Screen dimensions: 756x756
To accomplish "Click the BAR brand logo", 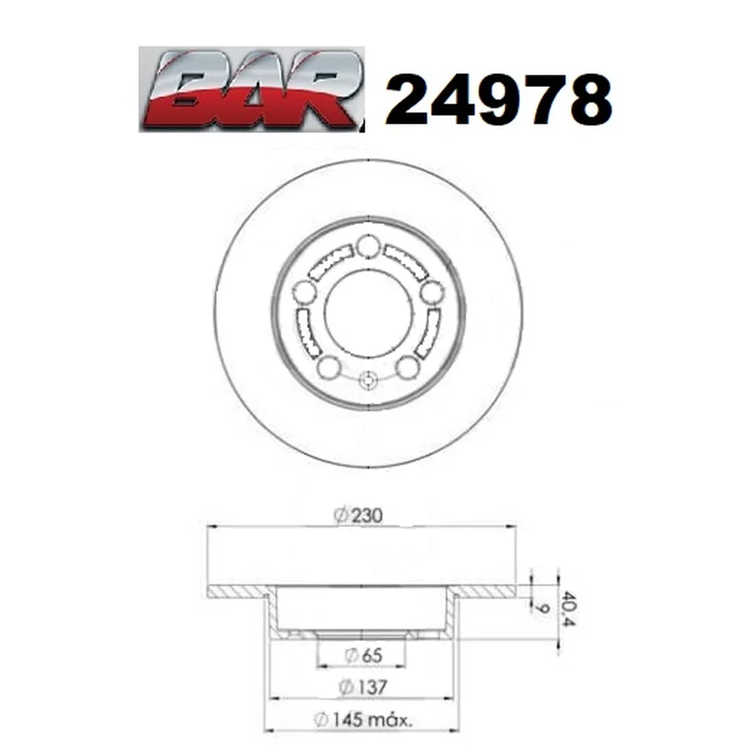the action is click(x=251, y=90).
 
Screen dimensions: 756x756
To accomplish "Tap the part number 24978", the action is click(x=498, y=100).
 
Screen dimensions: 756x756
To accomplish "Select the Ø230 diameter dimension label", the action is click(x=358, y=516).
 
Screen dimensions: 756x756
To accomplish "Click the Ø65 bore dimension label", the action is click(x=364, y=655).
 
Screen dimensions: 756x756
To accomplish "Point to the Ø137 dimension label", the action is click(x=363, y=687).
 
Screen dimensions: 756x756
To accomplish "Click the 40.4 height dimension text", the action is click(x=569, y=609).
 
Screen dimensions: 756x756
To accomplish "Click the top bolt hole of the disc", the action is click(x=368, y=246).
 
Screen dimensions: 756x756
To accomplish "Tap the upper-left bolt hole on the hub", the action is click(x=305, y=292).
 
